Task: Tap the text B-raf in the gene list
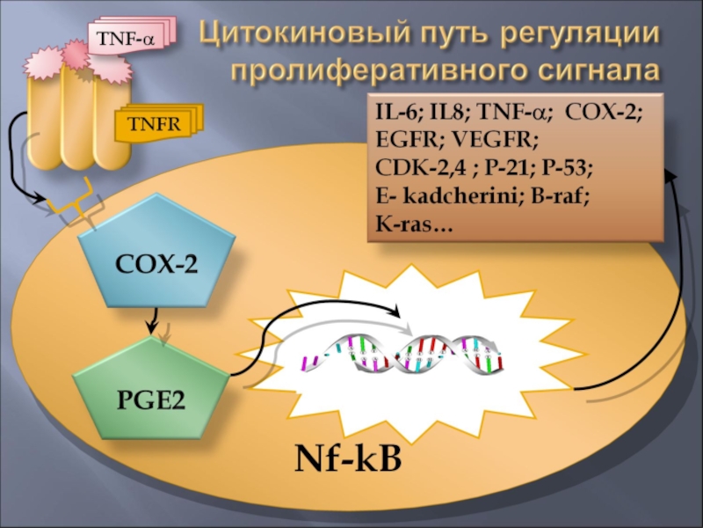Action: pos(562,198)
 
